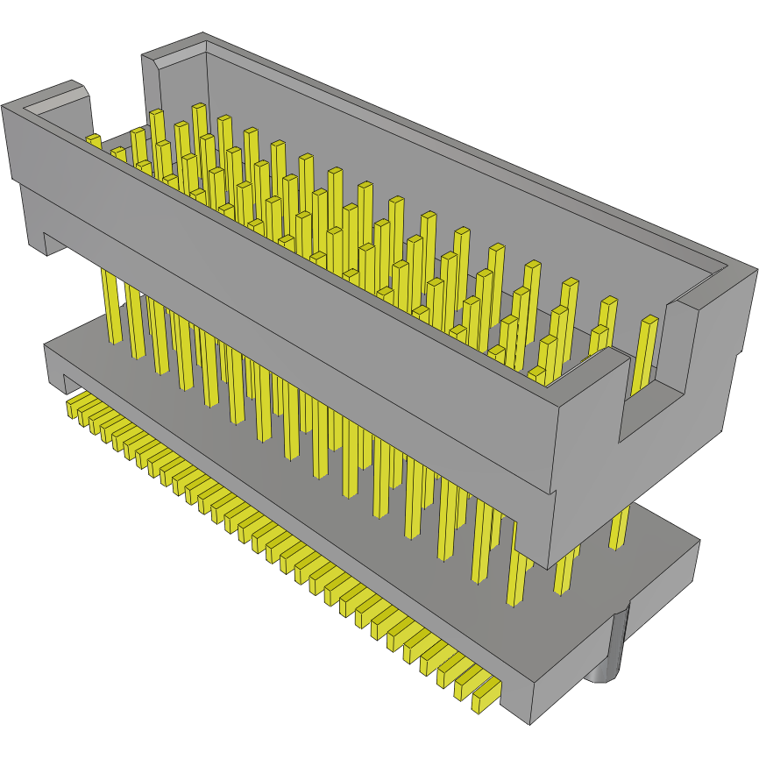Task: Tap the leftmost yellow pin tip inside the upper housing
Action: pyautogui.click(x=93, y=140)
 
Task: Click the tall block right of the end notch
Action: pyautogui.click(x=710, y=368)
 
